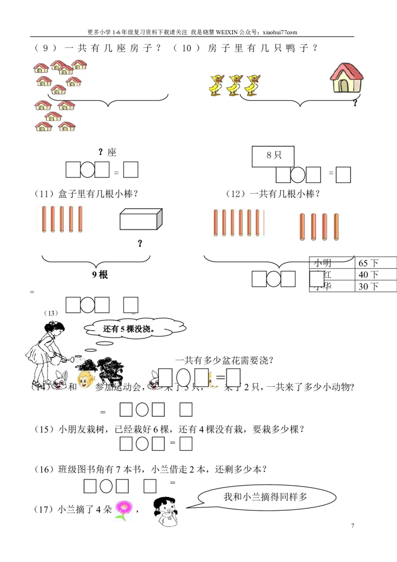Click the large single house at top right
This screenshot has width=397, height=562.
click(347, 77)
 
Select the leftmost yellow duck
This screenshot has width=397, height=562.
click(216, 84)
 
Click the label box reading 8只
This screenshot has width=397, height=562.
click(273, 155)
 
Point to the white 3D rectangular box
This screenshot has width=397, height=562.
click(141, 219)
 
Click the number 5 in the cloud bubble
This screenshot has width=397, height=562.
click(122, 329)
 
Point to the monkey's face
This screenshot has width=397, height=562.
click(85, 381)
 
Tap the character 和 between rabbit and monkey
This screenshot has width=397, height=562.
click(72, 387)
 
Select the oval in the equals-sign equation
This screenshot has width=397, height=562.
click(184, 378)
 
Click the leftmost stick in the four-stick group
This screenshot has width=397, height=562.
click(302, 226)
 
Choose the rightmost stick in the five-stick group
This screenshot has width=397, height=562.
click(80, 218)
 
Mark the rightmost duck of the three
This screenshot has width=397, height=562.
click(253, 84)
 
